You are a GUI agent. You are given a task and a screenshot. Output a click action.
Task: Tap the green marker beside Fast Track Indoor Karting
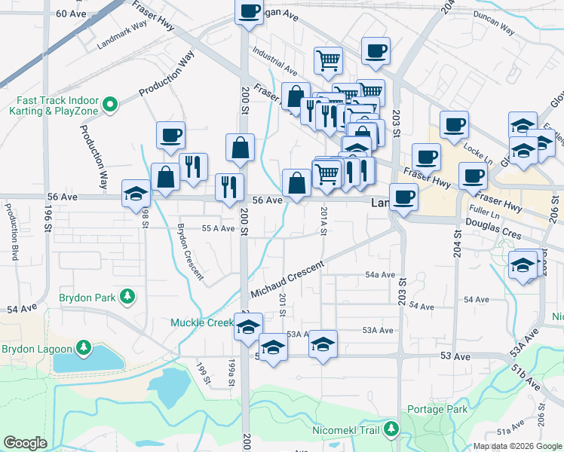tap(110, 104)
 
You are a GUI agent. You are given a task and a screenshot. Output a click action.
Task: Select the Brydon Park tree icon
tap(129, 297)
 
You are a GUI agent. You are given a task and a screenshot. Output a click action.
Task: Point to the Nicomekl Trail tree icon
tap(391, 429)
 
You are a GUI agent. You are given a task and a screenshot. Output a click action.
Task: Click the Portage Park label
tap(437, 409)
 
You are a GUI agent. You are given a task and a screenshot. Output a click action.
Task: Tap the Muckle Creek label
tap(201, 322)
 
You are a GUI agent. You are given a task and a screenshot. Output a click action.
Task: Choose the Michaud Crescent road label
tap(287, 279)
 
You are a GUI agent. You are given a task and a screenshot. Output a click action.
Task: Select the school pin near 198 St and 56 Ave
tap(136, 194)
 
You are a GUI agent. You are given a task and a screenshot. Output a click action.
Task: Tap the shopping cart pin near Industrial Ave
tap(328, 60)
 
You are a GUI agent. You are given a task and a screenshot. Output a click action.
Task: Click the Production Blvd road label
tap(13, 227)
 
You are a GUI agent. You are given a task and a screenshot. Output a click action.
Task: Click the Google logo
tap(26, 443)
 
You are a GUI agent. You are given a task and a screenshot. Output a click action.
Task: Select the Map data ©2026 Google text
tap(516, 446)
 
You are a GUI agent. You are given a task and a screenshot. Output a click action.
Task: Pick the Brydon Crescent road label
tap(189, 252)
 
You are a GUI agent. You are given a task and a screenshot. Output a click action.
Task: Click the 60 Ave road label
tap(72, 14)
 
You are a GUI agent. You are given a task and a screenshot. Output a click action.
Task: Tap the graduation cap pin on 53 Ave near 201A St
tap(323, 344)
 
